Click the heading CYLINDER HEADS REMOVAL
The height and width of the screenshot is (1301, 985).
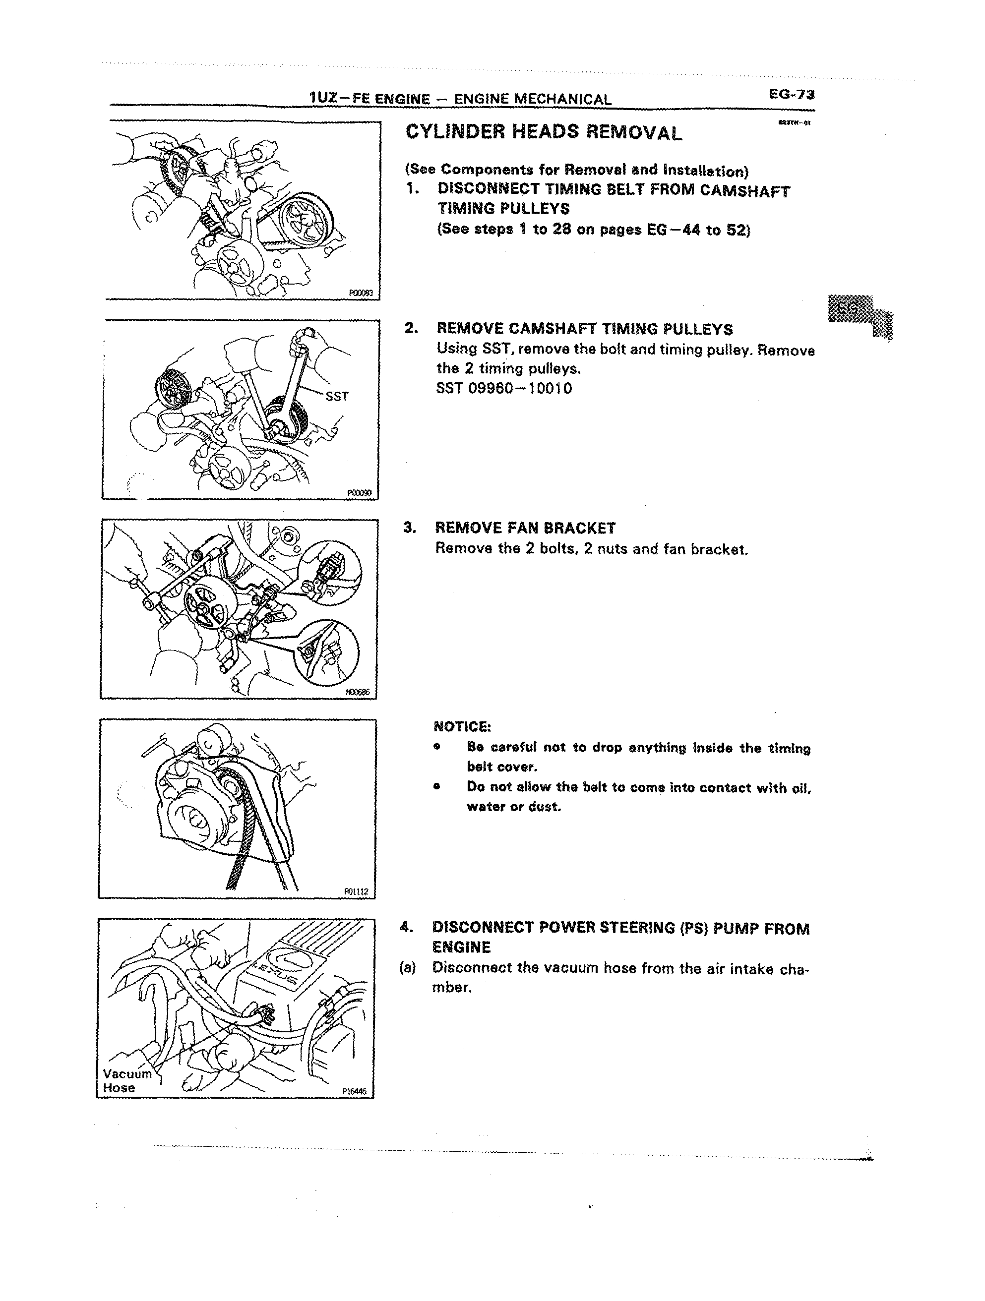coord(544,132)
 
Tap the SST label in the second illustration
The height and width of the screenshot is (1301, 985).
coord(337,397)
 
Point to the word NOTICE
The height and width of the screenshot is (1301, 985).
coord(462,726)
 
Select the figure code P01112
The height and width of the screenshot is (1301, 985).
coord(356,891)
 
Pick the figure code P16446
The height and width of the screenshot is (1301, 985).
coord(354,1092)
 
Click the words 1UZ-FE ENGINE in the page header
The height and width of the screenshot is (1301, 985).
coord(369,98)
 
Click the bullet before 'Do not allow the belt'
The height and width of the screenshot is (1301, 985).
coord(436,786)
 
